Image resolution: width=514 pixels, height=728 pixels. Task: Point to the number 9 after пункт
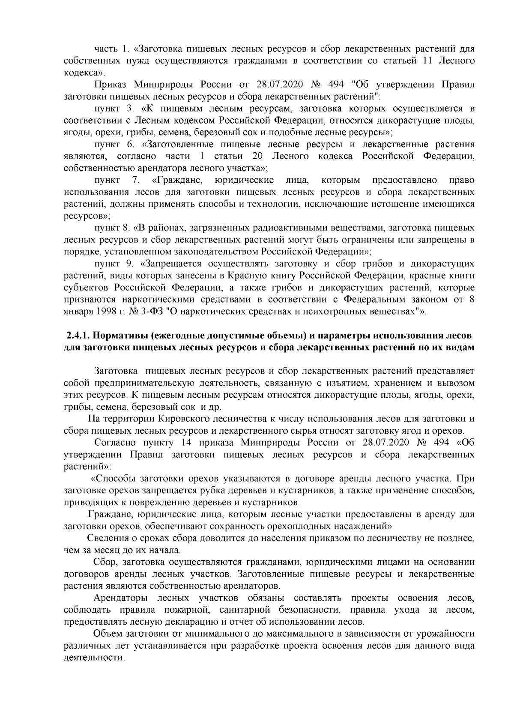(x=131, y=263)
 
